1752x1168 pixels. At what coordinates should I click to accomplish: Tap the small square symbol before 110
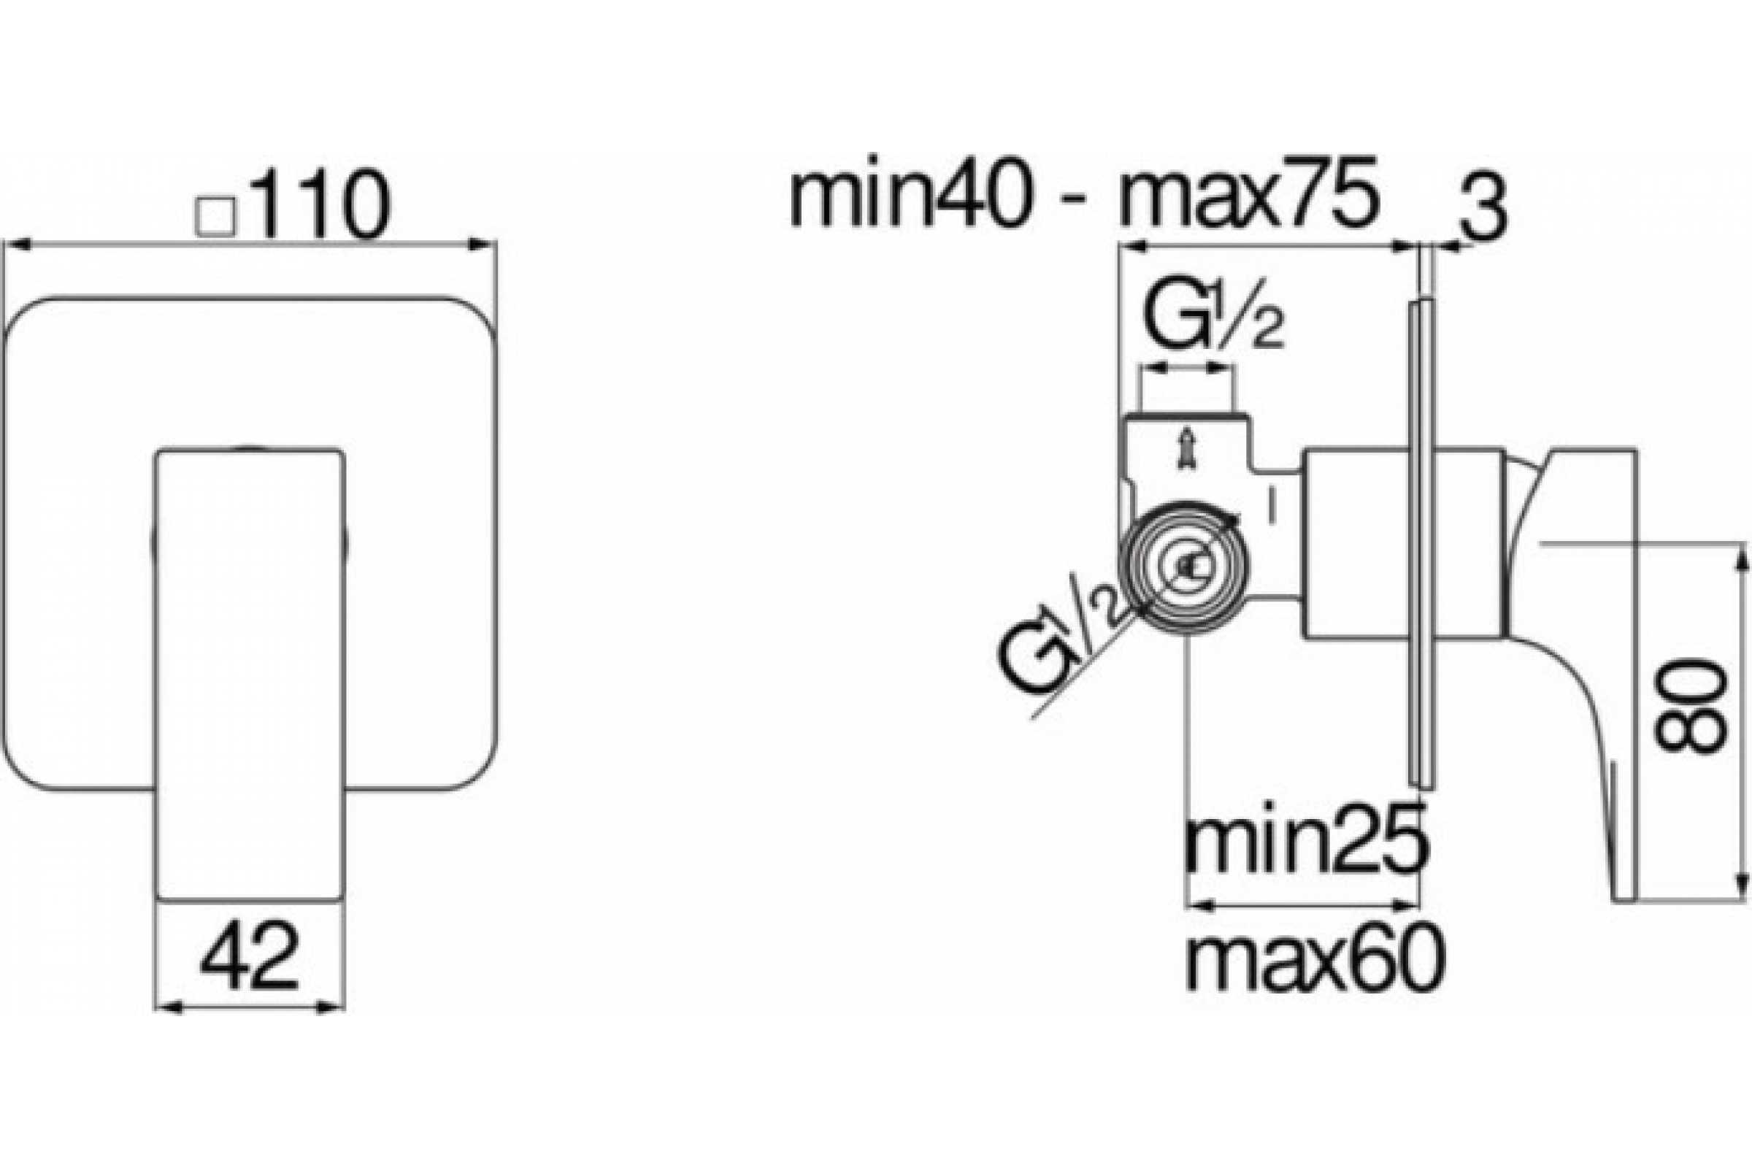click(215, 216)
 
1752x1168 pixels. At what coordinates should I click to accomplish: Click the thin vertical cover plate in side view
click(1422, 544)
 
